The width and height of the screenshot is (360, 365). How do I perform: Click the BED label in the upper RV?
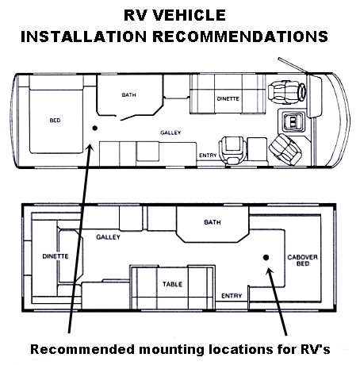pos(55,121)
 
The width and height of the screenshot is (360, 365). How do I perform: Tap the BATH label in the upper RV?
pos(129,94)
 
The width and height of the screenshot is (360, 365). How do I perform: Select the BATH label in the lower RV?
pos(213,222)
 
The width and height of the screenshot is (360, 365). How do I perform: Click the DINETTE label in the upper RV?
pos(228,98)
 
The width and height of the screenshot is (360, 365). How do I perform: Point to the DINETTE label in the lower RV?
pos(56,256)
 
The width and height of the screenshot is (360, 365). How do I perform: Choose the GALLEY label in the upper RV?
pos(170,133)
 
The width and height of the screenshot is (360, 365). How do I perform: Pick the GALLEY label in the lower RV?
pos(108,237)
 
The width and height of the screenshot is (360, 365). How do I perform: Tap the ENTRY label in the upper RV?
pos(208,156)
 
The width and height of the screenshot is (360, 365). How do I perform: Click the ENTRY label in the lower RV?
pos(232,296)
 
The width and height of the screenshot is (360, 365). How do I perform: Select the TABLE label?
pos(173,284)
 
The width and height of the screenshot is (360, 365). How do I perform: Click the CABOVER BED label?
pos(303,260)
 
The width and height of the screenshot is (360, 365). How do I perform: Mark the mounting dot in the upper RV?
pos(94,129)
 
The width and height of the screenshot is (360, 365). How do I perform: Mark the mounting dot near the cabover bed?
pos(266,257)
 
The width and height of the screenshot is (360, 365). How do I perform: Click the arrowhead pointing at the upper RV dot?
pos(90,148)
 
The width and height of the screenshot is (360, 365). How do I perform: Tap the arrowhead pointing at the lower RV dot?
pos(270,271)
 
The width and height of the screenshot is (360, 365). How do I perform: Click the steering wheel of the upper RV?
pos(302,90)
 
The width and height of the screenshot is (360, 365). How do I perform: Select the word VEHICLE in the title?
pos(189,15)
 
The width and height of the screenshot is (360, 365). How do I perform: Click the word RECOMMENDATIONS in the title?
pos(240,36)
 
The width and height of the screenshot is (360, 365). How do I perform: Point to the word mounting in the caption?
pos(172,350)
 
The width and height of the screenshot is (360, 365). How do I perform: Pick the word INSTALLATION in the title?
pos(83,36)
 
